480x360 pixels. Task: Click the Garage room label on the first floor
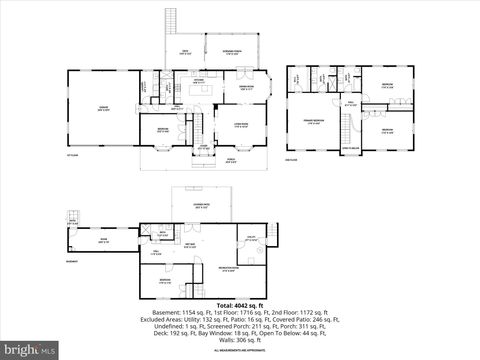pos(103,109)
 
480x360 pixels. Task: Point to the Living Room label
pos(240,124)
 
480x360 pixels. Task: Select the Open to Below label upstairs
pos(351,147)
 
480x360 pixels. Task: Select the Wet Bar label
pos(190,246)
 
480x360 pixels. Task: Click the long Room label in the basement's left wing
pos(103,240)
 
